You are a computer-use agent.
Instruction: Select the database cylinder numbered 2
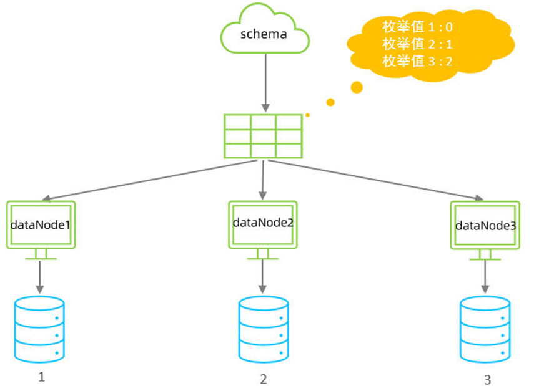tap(263, 329)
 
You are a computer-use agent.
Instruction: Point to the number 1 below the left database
tap(42, 377)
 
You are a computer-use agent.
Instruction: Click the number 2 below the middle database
tap(263, 379)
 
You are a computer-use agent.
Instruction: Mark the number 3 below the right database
tap(487, 379)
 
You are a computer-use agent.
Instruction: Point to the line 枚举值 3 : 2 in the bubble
tap(417, 60)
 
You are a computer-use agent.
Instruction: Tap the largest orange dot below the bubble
tap(357, 87)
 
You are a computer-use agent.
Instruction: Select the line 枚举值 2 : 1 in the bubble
tap(417, 44)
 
